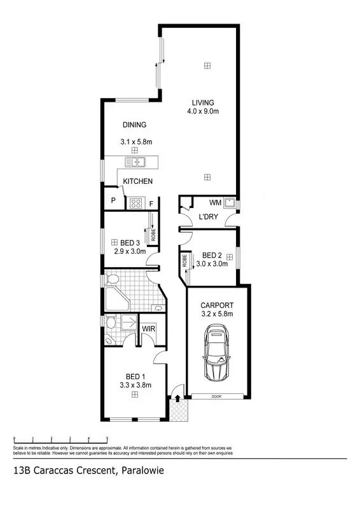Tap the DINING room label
[135, 125]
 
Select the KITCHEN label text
[137, 182]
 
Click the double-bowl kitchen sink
[137, 162]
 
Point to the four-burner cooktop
[135, 204]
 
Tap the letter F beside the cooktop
[151, 204]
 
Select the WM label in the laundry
[214, 203]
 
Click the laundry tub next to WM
[232, 204]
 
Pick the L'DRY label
[209, 217]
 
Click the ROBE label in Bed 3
[153, 235]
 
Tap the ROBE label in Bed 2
[184, 261]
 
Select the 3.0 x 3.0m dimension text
[212, 263]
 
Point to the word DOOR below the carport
[218, 396]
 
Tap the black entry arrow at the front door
[177, 398]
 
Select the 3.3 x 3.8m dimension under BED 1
[135, 384]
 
